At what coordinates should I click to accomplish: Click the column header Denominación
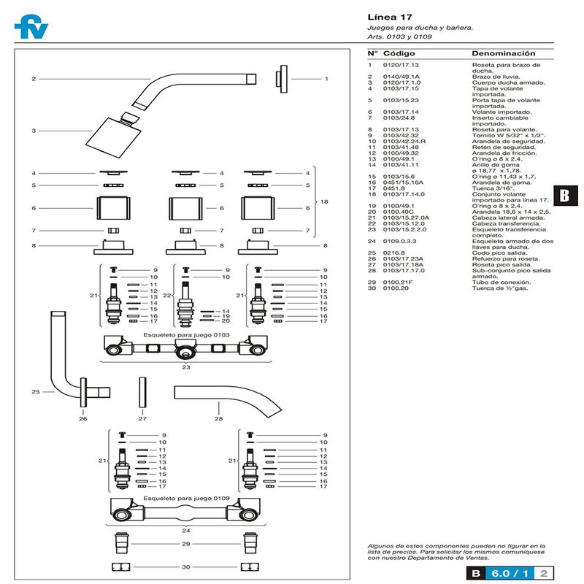(x=503, y=54)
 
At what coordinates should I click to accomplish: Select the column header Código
(x=399, y=54)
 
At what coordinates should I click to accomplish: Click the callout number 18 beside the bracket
(x=326, y=201)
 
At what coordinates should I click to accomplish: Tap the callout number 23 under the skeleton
(x=186, y=368)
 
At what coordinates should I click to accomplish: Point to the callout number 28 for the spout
(x=218, y=419)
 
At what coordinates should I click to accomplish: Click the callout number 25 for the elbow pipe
(x=34, y=392)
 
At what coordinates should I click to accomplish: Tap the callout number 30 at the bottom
(x=186, y=567)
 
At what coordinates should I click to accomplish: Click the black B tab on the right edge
(x=564, y=196)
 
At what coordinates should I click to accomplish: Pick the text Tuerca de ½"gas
(x=496, y=287)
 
